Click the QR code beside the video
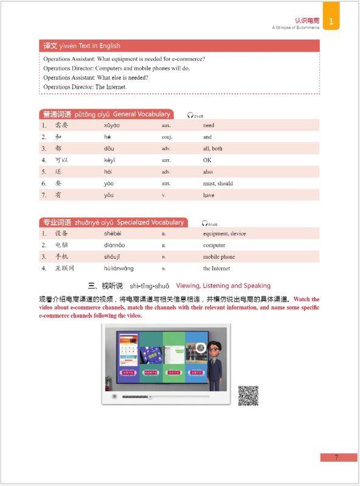248,395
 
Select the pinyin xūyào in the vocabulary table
112,125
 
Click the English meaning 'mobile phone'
219,257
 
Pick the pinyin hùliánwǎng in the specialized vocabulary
119,269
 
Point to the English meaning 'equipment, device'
224,234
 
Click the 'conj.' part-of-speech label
167,137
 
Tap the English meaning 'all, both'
213,149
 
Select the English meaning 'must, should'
218,183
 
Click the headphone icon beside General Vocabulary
190,115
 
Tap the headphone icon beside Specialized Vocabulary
205,223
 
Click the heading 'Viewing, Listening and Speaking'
223,286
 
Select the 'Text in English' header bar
179,46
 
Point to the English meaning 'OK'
207,160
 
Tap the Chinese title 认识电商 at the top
306,20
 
